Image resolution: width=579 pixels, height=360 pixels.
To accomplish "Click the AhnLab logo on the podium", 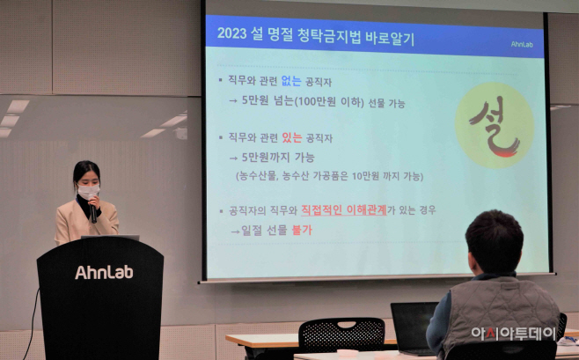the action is click(x=104, y=272).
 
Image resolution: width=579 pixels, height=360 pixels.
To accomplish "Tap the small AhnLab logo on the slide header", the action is click(x=522, y=44).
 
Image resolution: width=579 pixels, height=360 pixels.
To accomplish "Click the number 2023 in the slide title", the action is click(x=231, y=33).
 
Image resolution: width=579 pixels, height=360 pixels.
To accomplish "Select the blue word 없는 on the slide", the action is click(x=291, y=81).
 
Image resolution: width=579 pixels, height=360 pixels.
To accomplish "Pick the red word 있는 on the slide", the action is click(x=292, y=137).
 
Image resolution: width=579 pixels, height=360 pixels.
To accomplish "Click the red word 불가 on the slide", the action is click(x=302, y=230).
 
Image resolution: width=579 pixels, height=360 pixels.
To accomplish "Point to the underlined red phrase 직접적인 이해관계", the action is click(x=344, y=210).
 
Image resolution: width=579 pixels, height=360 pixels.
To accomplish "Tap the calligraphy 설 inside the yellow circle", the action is click(x=495, y=126).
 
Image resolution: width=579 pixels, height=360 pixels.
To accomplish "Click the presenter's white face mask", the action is click(x=88, y=191).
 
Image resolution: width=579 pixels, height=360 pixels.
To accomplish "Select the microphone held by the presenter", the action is click(x=92, y=211).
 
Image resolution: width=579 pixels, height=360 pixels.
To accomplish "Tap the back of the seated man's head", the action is click(x=494, y=241).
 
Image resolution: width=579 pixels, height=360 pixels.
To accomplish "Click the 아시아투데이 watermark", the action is click(x=513, y=334).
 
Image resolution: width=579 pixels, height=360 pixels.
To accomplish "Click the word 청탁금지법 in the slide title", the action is click(x=328, y=36).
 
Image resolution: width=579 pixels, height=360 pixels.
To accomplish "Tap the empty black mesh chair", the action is click(x=341, y=334).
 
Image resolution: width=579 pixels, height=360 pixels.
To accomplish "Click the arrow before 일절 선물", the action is click(x=235, y=231).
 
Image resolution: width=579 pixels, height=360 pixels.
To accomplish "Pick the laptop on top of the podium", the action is click(x=110, y=238).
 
